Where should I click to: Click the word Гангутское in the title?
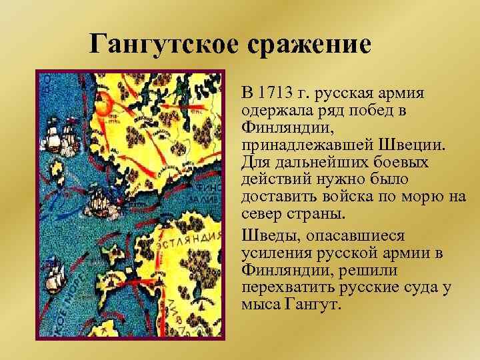[x=161, y=45]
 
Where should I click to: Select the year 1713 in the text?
[x=277, y=91]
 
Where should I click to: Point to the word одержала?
[x=275, y=109]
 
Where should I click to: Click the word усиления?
[x=275, y=254]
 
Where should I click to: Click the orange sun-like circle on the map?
[x=103, y=104]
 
